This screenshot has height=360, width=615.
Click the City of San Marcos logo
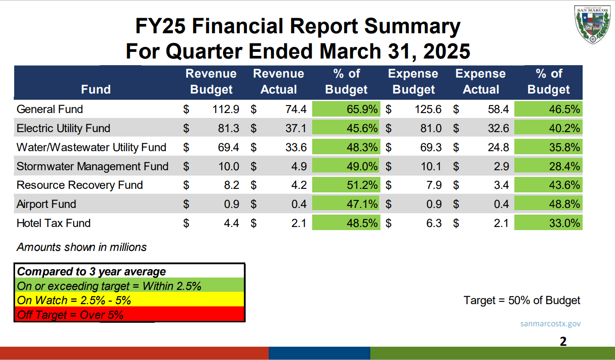593,24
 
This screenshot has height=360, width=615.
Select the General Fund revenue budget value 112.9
226,109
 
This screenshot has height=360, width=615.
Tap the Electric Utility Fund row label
63,128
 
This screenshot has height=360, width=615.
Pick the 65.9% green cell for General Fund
346,109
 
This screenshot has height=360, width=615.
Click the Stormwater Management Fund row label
92,166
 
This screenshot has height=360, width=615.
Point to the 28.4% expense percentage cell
548,166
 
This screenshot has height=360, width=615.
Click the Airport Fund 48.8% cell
548,204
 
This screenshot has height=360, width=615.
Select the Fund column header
96,89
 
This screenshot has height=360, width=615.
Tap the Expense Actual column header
481,82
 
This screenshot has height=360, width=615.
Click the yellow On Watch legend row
129,300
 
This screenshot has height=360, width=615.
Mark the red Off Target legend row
129,315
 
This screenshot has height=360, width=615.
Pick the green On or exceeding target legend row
129,286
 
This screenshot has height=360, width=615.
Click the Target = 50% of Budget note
522,300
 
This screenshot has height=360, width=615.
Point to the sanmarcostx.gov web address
550,324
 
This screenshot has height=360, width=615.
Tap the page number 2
563,341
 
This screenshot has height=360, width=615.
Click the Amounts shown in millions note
82,247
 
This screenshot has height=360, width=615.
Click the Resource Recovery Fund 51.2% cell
346,185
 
